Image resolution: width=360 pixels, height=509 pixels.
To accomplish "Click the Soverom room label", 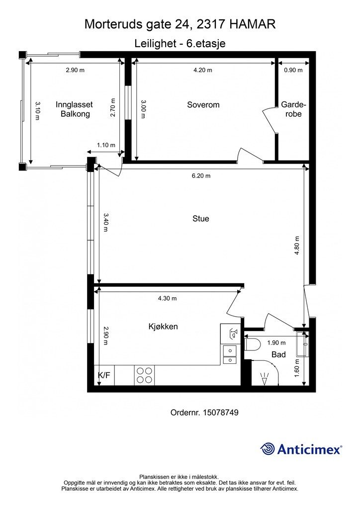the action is [203, 105].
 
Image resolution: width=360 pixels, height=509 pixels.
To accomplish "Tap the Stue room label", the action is [200, 219].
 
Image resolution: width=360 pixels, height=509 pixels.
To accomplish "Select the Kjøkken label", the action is [163, 326].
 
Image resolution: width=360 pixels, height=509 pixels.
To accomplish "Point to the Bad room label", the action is [278, 354].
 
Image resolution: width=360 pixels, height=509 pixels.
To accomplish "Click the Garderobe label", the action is [293, 109].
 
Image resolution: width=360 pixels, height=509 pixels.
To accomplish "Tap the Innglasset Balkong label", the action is [75, 109].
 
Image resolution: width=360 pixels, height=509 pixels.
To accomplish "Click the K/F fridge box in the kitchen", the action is [104, 376].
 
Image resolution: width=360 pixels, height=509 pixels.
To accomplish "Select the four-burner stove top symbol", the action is [145, 375].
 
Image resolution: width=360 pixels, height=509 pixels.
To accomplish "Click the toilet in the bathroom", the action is [253, 344].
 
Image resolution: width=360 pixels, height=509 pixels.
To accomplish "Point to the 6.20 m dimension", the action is [201, 175].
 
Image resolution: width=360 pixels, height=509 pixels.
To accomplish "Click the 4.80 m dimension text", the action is [297, 246].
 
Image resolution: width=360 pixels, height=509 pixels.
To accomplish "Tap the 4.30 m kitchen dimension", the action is [167, 298].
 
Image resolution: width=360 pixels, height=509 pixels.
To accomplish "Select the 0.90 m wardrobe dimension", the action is [293, 70].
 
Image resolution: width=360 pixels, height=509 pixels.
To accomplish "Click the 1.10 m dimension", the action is [106, 145].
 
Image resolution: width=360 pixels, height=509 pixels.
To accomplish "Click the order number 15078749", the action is [221, 413].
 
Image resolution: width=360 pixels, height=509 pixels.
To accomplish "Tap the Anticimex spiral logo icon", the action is [268, 449].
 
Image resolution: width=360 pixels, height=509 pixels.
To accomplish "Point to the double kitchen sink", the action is [230, 355].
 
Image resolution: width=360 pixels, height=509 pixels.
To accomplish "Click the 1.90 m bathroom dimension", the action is [276, 343].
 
